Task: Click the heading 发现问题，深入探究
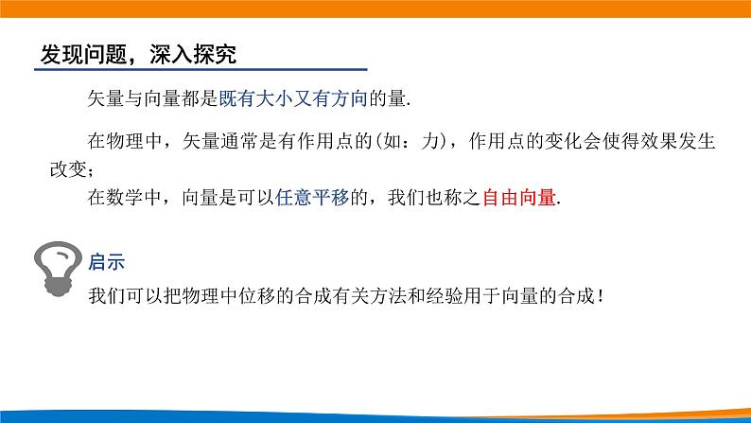coord(137,55)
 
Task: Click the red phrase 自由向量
coord(519,199)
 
